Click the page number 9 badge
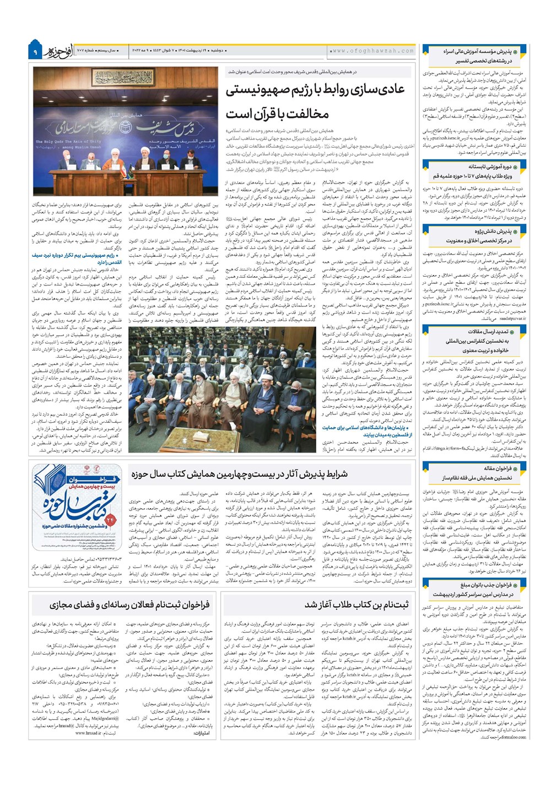(34, 52)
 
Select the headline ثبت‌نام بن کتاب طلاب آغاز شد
(356, 605)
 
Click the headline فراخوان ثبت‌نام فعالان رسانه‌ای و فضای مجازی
(129, 605)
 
